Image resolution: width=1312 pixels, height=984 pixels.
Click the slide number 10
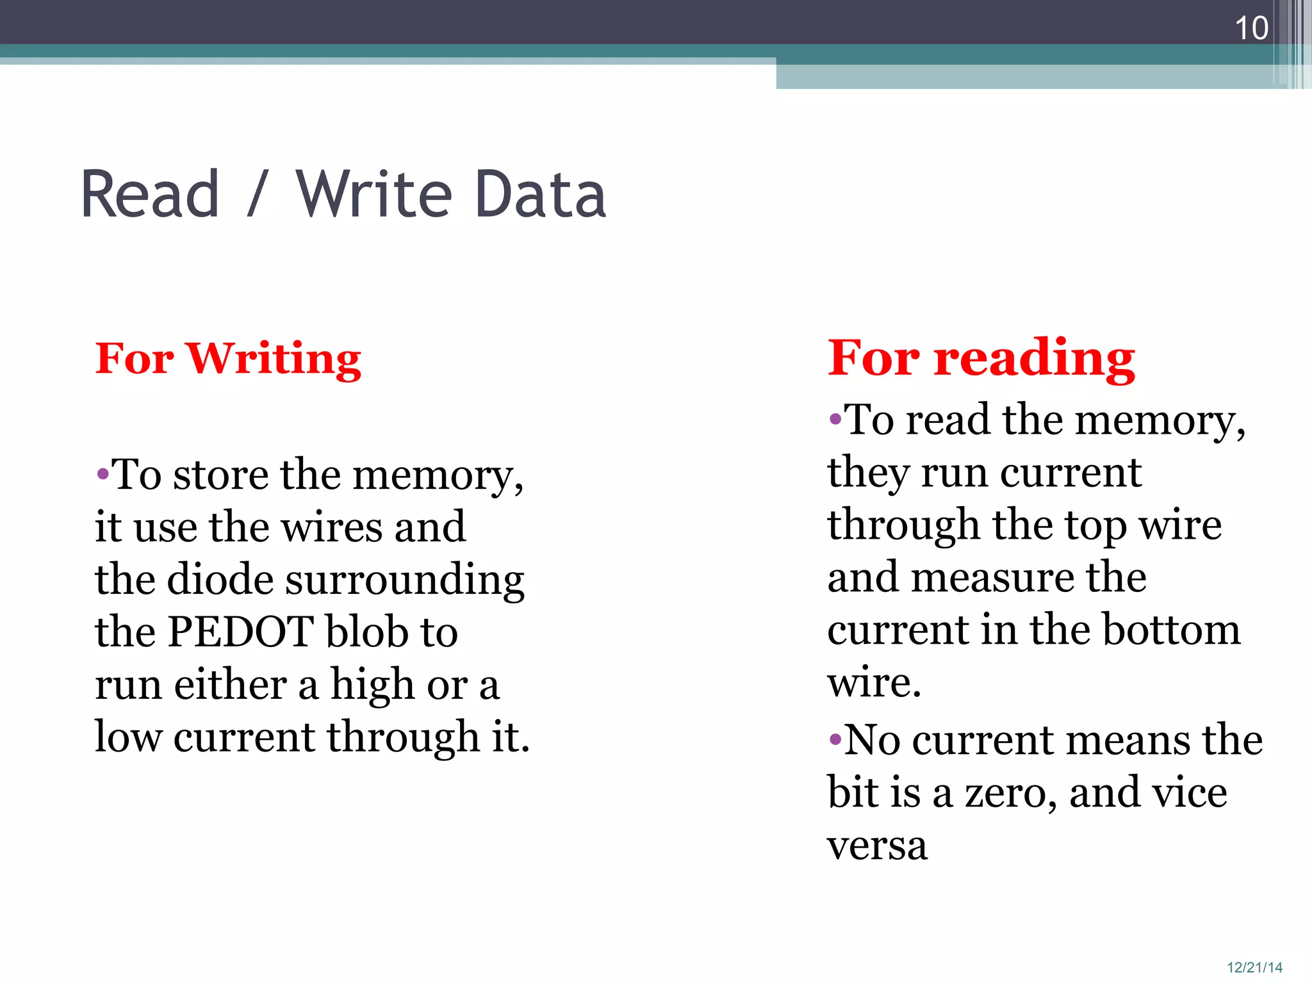1251,28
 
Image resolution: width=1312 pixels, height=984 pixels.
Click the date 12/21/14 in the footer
1254,967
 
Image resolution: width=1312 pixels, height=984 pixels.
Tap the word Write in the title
373,194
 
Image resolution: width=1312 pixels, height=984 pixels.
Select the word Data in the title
541,194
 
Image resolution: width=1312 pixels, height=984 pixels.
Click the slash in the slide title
256,194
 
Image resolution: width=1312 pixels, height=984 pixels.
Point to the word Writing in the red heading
274,359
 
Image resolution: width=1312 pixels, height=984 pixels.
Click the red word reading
1034,359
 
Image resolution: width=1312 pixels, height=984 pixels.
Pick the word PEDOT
240,632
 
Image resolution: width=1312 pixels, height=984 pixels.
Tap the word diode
220,579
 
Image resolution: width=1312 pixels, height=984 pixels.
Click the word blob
366,632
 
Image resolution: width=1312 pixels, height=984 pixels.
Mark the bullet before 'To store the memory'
102,475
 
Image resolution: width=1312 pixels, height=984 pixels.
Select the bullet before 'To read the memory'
835,420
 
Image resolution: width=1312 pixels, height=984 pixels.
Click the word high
373,685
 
